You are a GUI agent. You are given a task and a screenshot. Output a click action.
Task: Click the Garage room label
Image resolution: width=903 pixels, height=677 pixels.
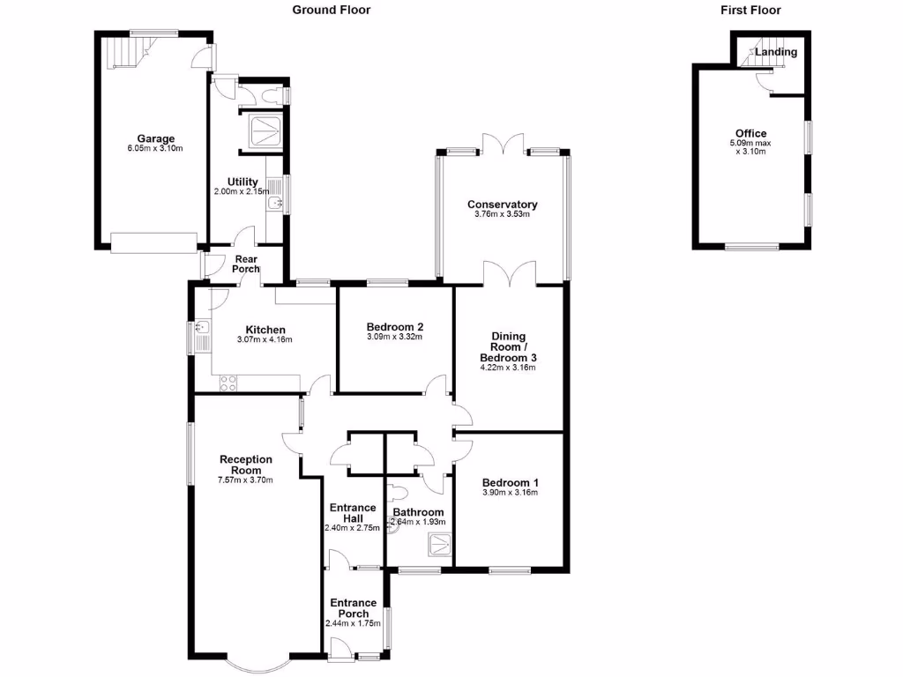pos(155,138)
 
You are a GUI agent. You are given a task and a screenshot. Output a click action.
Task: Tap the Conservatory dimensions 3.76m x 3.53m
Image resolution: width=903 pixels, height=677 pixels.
pos(502,214)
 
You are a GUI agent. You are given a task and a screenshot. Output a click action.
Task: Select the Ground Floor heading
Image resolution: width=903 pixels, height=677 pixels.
pos(332,10)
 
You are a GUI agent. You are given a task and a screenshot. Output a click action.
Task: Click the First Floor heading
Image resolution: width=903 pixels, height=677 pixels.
pos(750,10)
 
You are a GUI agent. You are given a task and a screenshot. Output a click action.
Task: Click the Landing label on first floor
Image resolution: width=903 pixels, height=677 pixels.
pos(776,52)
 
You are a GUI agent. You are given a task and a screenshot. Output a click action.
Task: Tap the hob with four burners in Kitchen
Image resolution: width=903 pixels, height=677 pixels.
pos(228,383)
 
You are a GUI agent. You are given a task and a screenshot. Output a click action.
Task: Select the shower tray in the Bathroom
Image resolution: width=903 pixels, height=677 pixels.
pos(439,548)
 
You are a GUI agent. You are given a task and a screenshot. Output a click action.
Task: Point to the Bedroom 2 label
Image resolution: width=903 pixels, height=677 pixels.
pos(395,325)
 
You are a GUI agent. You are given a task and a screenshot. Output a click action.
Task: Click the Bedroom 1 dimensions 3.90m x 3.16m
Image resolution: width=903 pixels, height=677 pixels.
pos(510,493)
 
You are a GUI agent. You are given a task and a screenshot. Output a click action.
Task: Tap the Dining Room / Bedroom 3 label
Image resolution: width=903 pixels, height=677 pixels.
pos(509,347)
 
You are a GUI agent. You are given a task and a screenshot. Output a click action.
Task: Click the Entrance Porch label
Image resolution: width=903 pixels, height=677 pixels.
pos(353,608)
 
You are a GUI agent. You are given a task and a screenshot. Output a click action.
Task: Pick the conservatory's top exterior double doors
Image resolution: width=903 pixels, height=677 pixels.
pos(503,144)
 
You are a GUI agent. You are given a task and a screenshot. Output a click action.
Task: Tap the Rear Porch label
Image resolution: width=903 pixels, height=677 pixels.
pos(246,264)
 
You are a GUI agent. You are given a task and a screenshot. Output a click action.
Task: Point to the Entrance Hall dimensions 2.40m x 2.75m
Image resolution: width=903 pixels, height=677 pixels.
pos(353,528)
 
